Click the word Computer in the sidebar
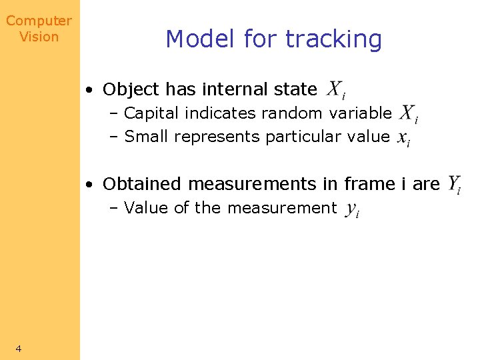point(39,21)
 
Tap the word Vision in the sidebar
point(39,37)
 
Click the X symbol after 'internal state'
point(335,89)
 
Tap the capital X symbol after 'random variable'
point(407,113)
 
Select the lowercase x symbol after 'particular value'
point(403,137)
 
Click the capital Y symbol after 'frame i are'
point(453,184)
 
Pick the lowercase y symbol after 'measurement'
point(353,209)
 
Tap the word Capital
point(152,113)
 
